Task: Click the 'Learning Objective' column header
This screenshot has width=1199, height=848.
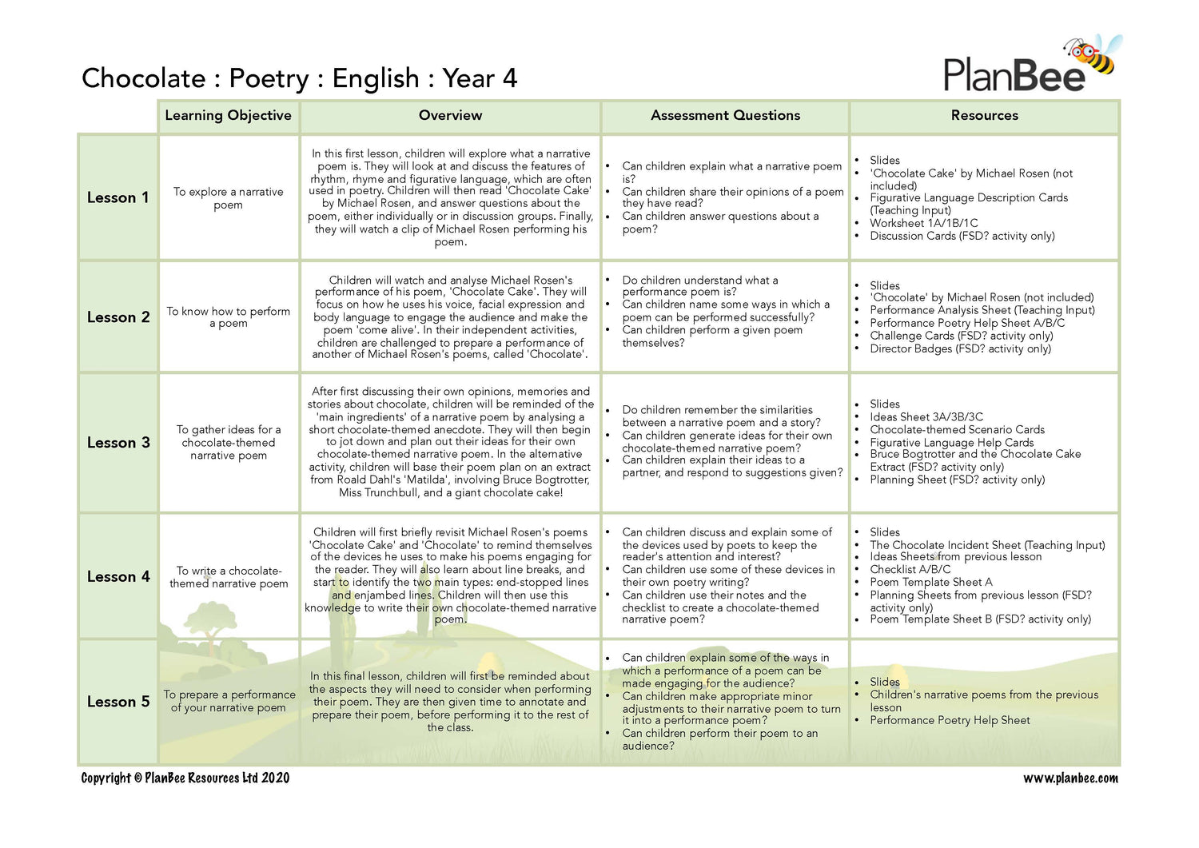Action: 228,115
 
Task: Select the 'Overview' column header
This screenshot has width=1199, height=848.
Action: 450,115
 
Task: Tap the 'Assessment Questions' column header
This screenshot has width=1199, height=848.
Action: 725,115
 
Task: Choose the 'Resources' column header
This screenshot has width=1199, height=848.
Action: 984,115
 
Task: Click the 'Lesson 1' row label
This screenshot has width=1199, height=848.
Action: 118,197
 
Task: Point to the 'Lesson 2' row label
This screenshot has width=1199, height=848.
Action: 118,317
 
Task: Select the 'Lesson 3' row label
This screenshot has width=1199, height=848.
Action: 118,443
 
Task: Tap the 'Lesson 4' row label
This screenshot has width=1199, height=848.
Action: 118,576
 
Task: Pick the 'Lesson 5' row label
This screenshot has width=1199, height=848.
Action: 118,702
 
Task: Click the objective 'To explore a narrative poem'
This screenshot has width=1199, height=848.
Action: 229,198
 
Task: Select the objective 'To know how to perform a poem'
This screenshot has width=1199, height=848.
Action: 229,317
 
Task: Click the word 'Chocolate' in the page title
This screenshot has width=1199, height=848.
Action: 144,78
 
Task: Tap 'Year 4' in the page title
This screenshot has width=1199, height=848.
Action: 480,78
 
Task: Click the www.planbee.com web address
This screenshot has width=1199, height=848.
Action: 1070,778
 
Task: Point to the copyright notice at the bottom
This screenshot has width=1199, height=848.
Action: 185,778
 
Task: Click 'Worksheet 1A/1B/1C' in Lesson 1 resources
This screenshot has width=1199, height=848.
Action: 923,223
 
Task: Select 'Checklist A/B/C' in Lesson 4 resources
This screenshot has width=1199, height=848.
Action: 910,569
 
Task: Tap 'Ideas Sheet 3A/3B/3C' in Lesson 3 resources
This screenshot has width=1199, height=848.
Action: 926,416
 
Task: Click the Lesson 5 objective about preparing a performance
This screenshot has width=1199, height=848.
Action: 229,701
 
